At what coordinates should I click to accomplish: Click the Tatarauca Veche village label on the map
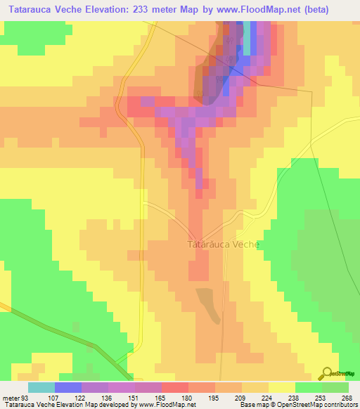pos(224,245)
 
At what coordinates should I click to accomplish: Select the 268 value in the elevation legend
pos(345,398)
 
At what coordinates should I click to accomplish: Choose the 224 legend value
pos(264,398)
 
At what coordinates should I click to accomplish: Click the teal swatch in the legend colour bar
pos(41,387)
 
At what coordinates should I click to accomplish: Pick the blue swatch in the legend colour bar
pos(68,387)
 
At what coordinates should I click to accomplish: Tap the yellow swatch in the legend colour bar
pos(282,387)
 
